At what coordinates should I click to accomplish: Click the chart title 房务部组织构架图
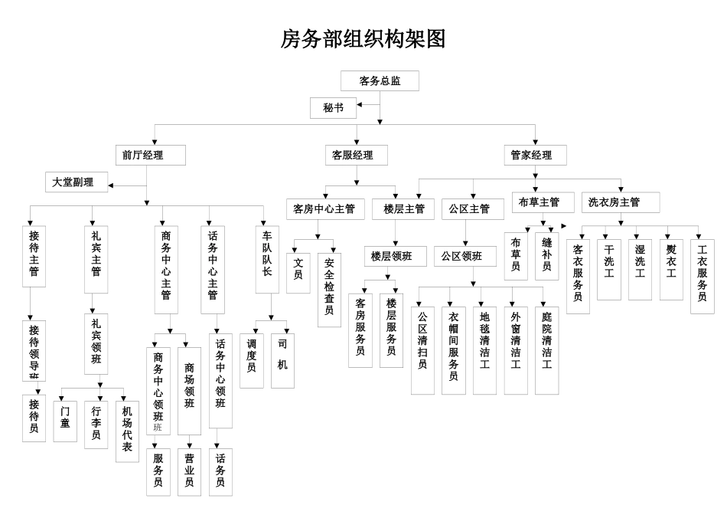(363, 39)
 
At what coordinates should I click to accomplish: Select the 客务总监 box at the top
(380, 80)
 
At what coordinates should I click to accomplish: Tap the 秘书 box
(333, 108)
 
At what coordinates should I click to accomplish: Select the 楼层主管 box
(405, 208)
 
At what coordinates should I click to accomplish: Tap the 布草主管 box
(544, 202)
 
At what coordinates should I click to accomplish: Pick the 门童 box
(66, 421)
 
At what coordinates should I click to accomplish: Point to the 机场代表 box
(127, 430)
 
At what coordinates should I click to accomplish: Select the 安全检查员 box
(329, 285)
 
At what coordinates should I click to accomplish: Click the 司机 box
(282, 359)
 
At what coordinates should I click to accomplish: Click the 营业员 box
(189, 471)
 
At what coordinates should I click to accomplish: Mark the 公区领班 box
(468, 256)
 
